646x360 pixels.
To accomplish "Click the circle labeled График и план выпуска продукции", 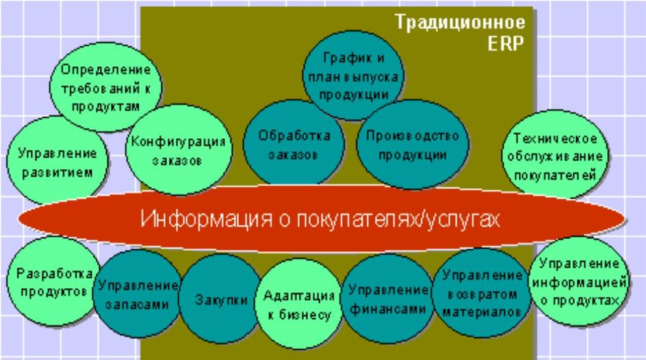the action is point(353,75).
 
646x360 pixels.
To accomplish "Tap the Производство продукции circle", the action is point(412,144).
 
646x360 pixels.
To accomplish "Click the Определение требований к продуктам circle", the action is point(106,87).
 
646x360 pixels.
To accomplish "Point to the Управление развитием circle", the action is point(57,161).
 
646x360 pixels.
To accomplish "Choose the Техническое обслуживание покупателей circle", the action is point(555,155).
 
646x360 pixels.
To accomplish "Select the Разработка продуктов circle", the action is point(53,281).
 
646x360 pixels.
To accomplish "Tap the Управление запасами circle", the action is point(137,294).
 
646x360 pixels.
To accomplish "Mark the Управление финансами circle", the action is point(387,298).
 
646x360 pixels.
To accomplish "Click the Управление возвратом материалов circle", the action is point(481,294).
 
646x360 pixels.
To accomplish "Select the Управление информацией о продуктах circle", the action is point(579,281).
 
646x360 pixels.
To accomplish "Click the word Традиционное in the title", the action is point(460,22).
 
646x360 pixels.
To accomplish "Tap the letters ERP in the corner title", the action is point(506,43).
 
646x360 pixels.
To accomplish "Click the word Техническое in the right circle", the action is point(554,138).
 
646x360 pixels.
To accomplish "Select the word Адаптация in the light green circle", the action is point(298,296).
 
